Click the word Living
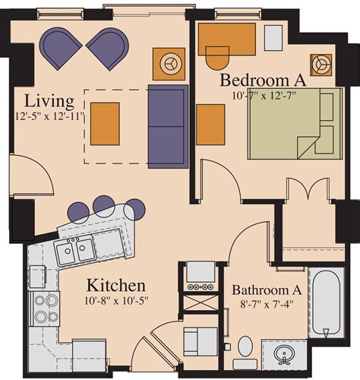[x=49, y=100]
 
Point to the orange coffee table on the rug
[x=105, y=123]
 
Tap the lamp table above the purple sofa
[x=169, y=64]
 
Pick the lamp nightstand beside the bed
[x=321, y=65]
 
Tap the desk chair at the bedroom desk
[x=217, y=58]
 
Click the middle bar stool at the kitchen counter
[x=103, y=204]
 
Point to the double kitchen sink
[x=75, y=249]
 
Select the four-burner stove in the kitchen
[x=45, y=307]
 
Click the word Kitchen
[x=115, y=286]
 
